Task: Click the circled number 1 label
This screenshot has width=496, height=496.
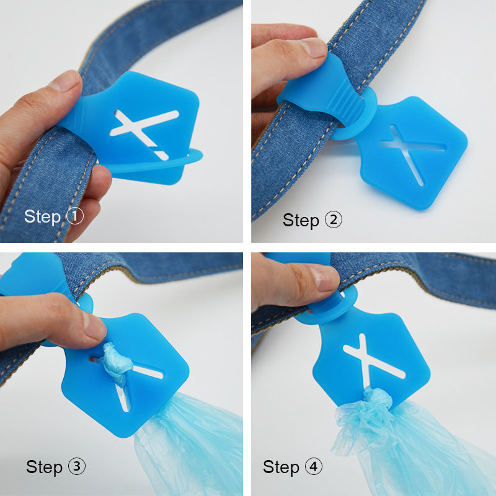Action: point(74,216)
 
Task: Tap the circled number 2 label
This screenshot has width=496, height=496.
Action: point(334,219)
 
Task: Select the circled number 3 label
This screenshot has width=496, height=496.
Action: point(77,466)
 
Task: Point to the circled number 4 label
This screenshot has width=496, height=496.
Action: point(314,466)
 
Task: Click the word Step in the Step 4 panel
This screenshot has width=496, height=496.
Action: point(280,466)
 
